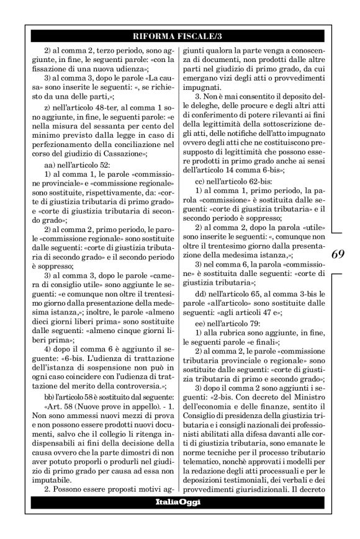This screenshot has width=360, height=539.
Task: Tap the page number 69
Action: [339, 271]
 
